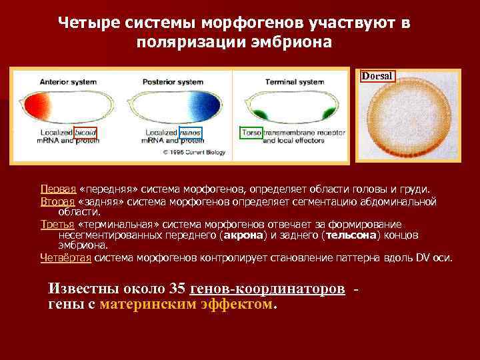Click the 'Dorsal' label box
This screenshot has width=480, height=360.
pyautogui.click(x=377, y=76)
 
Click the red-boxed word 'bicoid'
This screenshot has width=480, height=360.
pyautogui.click(x=85, y=133)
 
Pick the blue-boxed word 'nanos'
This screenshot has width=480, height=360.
pyautogui.click(x=190, y=133)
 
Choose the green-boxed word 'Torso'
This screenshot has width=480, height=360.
pyautogui.click(x=252, y=133)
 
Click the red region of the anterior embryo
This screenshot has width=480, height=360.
pyautogui.click(x=34, y=106)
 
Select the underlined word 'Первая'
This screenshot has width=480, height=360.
pyautogui.click(x=57, y=189)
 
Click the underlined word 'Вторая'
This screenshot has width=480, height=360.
pyautogui.click(x=57, y=201)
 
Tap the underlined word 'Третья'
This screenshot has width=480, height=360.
pyautogui.click(x=57, y=224)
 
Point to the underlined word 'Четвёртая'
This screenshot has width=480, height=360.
pyautogui.click(x=65, y=257)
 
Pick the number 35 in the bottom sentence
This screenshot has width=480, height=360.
pyautogui.click(x=177, y=289)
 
